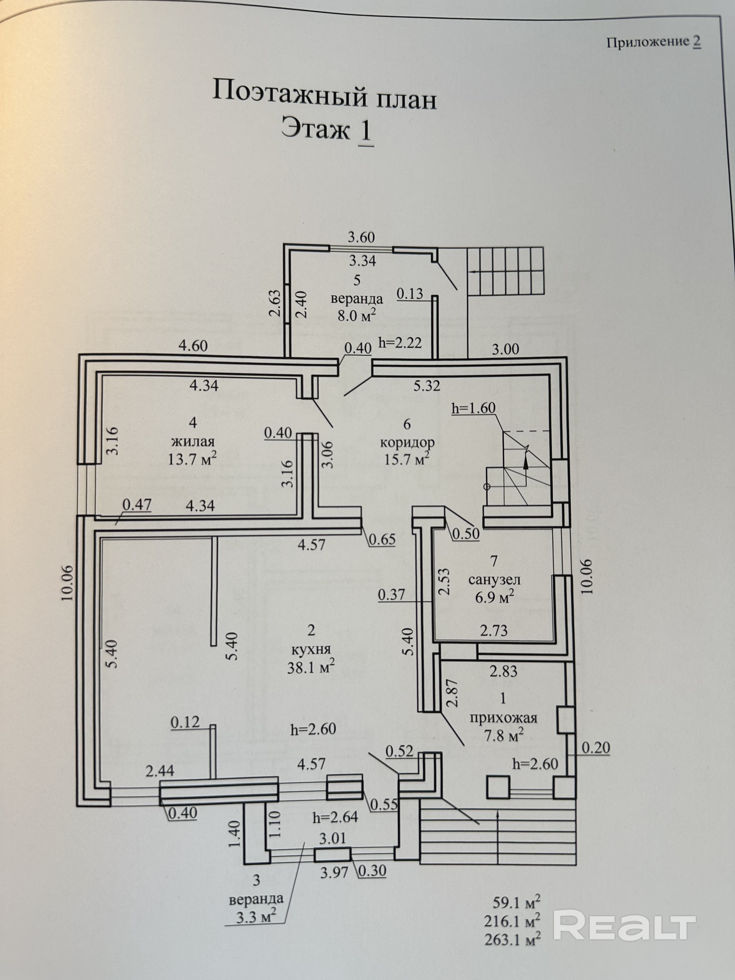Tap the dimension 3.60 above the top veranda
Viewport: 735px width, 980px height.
coord(361,237)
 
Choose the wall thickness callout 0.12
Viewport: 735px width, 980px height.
coord(185,723)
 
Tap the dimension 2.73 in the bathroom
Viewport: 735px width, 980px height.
coord(494,630)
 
